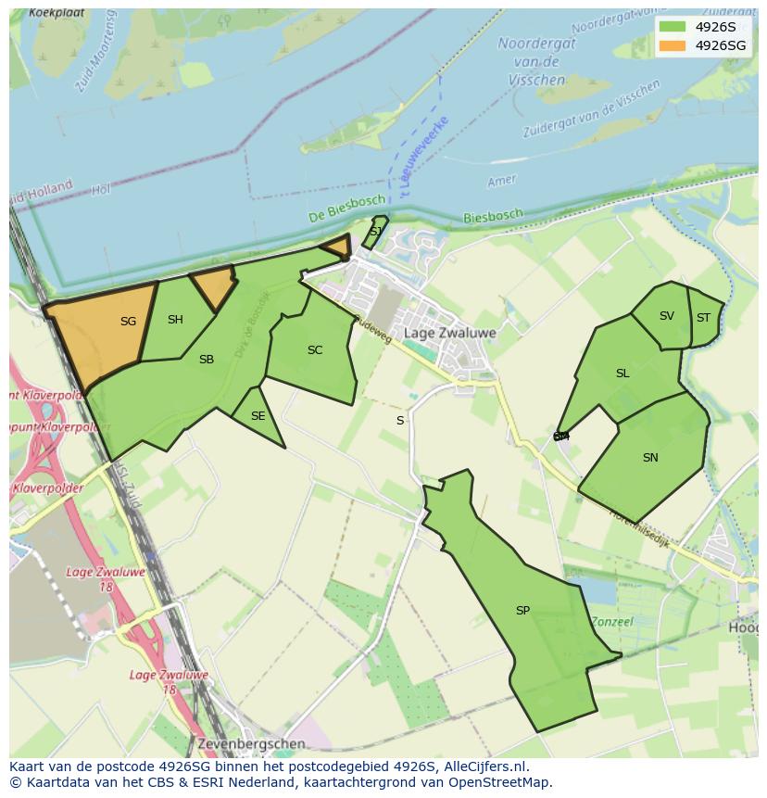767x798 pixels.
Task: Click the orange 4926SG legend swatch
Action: coord(673,45)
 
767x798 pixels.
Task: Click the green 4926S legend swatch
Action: coord(673,27)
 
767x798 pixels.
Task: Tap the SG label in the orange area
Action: coord(128,322)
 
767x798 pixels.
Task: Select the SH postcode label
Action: coord(175,320)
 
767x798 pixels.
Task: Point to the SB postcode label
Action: coord(207,360)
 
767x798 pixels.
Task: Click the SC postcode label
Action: coord(315,350)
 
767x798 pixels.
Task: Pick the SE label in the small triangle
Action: coord(258,416)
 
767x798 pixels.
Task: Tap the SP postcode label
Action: coord(522,611)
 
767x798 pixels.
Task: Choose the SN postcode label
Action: coord(650,458)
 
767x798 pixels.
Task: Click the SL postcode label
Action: coord(622,374)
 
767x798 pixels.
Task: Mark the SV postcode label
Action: coord(667,316)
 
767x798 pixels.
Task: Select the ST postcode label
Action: coord(703,318)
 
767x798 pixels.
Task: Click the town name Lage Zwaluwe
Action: coord(449,333)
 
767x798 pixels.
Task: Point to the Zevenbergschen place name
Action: coord(250,743)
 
